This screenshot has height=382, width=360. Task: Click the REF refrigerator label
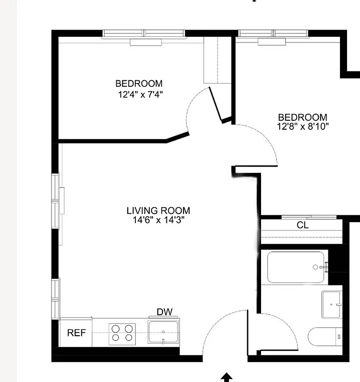tap(76, 332)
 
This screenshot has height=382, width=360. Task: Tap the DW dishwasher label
tap(164, 312)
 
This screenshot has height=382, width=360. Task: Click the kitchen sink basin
tap(164, 331)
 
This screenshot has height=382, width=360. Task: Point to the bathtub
tap(295, 267)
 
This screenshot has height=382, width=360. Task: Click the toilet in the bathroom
tap(325, 337)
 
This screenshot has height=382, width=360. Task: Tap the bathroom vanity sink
tap(332, 304)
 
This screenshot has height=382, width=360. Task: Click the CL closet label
tap(303, 225)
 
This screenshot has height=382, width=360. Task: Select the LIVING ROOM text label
tap(158, 211)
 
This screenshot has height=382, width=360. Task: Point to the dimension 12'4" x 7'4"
tap(141, 95)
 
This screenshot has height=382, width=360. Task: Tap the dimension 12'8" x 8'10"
tap(303, 127)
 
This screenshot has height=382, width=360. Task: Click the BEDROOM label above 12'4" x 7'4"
tap(139, 84)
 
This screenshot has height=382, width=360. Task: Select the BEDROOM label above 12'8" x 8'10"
tap(303, 117)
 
